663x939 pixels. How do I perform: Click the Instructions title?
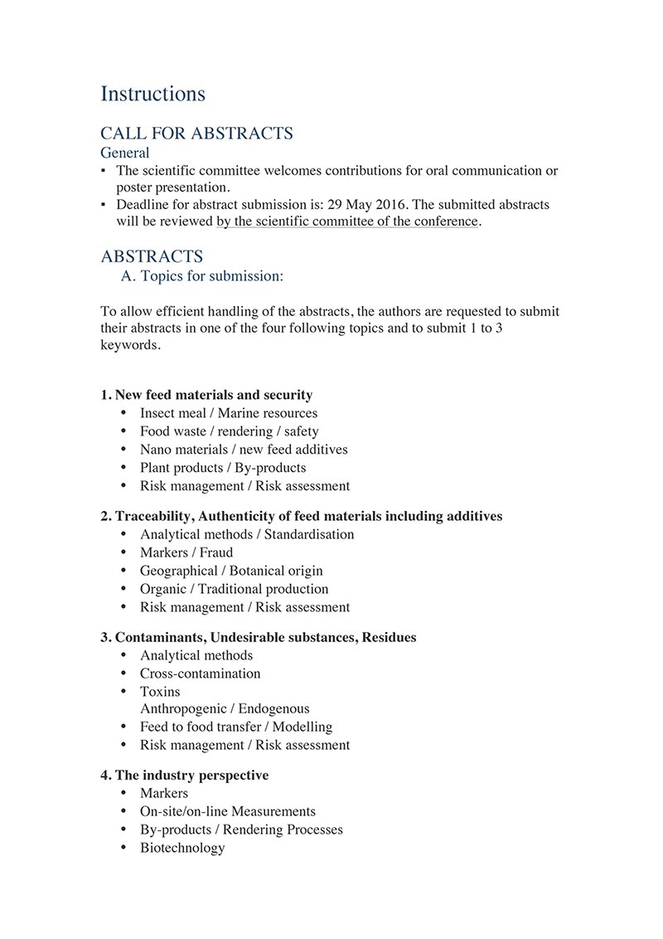coord(152,94)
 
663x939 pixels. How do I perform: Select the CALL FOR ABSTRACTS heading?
coord(196,134)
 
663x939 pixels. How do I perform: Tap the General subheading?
coord(125,153)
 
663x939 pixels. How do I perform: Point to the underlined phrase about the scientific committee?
coord(347,221)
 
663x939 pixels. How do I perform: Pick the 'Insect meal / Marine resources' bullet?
coord(228,413)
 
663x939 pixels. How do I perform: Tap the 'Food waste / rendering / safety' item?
coord(229,431)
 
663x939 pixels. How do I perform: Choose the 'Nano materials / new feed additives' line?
coord(244,450)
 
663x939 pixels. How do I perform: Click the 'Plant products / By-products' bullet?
coord(223,468)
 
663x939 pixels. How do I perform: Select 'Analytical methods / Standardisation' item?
coord(247,534)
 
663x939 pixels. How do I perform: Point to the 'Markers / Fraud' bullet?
coord(186,552)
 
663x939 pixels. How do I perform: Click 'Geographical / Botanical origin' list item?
coord(231,571)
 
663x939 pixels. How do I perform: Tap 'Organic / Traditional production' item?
coord(234,589)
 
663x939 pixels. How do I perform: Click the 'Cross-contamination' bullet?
coord(200,674)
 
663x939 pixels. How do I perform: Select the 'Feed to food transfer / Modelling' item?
coord(236,727)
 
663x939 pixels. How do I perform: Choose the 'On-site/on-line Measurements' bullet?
coord(228,811)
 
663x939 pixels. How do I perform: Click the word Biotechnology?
coord(182,848)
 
